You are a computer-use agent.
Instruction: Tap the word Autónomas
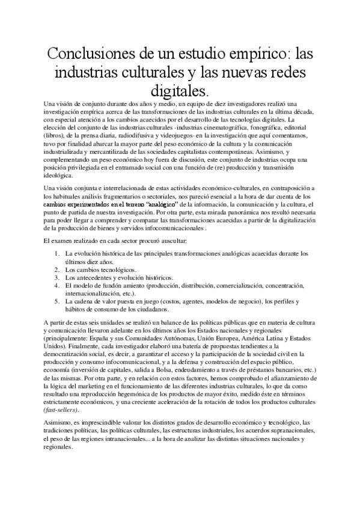[x=161, y=339]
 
